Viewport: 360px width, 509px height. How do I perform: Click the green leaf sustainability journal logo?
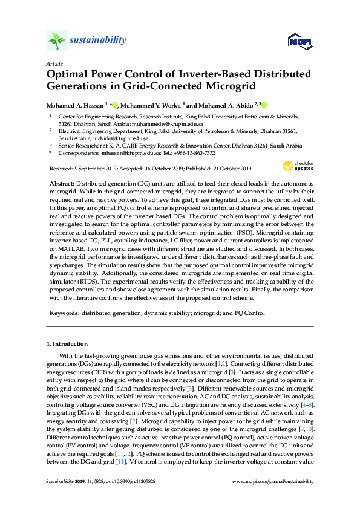pos(57,41)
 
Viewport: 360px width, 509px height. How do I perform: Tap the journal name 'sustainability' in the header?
pos(98,41)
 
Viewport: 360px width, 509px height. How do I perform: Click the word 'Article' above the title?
pos(54,63)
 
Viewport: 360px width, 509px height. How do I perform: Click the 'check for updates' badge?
pos(297,166)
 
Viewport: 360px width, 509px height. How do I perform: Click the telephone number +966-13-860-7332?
pos(180,154)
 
